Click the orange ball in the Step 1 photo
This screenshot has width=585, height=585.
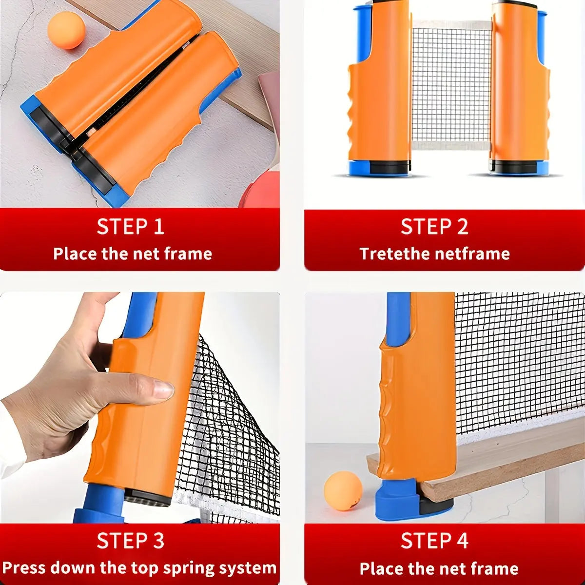click(x=66, y=30)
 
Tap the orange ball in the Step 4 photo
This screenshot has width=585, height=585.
click(x=343, y=491)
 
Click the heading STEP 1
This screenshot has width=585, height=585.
click(x=130, y=227)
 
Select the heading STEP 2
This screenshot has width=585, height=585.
click(x=434, y=227)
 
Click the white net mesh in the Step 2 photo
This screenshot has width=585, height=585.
click(x=451, y=83)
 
